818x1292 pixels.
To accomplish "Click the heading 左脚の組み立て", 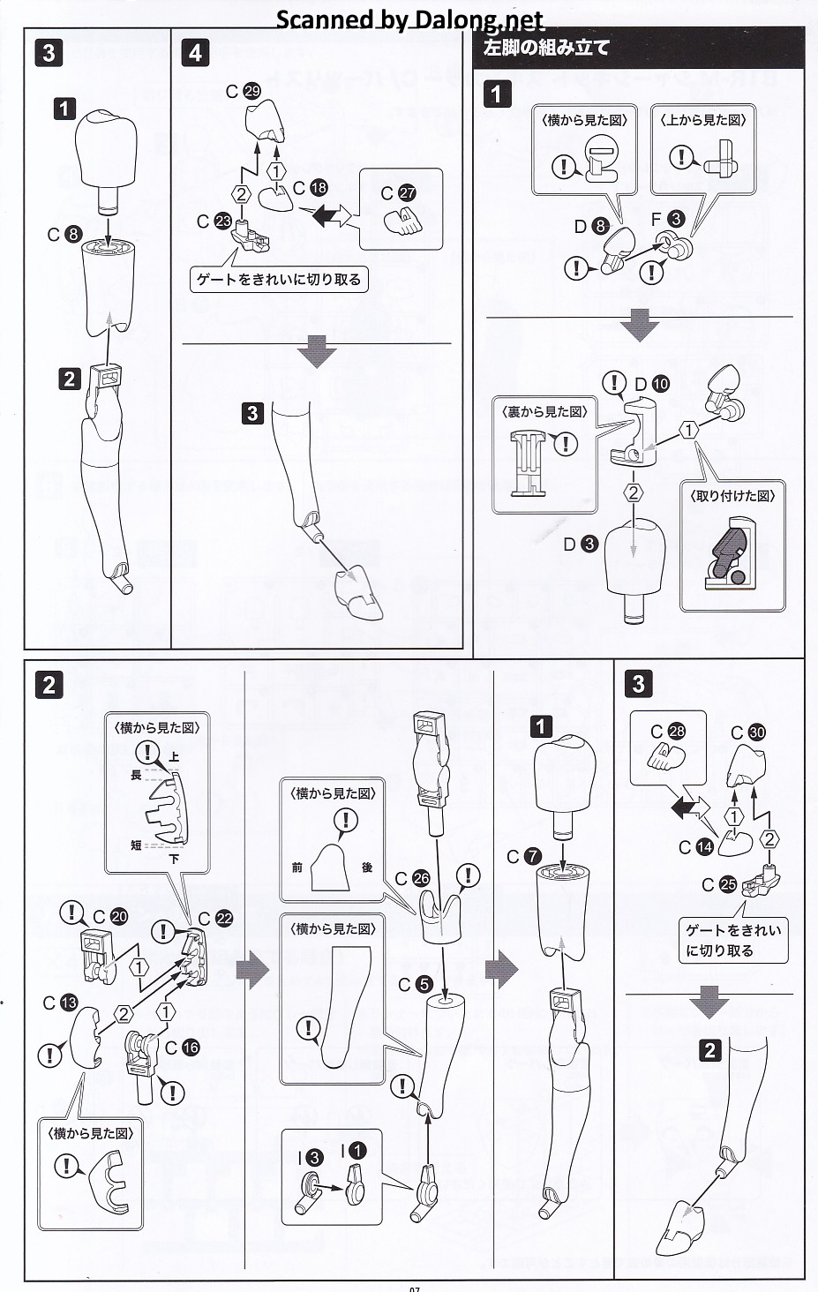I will (x=547, y=48).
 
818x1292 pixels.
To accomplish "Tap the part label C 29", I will (x=244, y=91).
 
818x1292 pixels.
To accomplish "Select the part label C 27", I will (x=398, y=193).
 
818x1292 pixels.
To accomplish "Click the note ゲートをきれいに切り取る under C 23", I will (x=278, y=280).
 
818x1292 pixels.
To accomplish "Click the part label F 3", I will (x=667, y=219).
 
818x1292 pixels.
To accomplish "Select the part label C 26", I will (x=413, y=878).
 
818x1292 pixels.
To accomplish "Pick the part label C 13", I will (x=61, y=1003).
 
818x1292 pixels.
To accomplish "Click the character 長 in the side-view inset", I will (x=136, y=775).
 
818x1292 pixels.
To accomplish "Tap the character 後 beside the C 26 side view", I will (x=367, y=868).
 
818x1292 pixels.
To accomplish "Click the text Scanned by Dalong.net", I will (x=409, y=19).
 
